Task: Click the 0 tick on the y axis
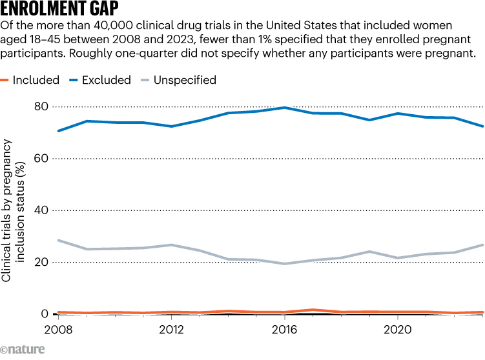(45, 314)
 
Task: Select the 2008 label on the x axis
(57, 328)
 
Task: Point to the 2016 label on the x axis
(284, 328)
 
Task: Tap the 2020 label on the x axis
(397, 328)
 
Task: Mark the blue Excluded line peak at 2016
(284, 108)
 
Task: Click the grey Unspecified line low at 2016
(284, 263)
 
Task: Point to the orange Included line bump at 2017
(313, 310)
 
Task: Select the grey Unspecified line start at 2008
(58, 240)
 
